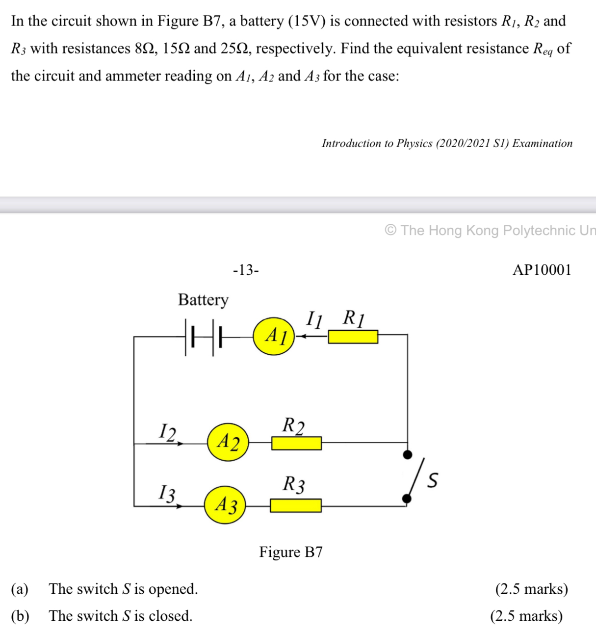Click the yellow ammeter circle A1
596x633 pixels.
[x=274, y=336]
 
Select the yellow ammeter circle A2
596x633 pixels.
[x=228, y=442]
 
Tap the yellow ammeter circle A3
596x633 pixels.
[x=225, y=504]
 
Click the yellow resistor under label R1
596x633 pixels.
[x=353, y=337]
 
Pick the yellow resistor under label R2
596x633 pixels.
[x=296, y=444]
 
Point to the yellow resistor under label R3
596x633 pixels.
[x=295, y=505]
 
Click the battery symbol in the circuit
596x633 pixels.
[x=203, y=337]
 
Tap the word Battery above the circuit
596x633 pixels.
[x=203, y=299]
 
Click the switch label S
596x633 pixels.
[x=432, y=480]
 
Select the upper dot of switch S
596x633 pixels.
[x=407, y=454]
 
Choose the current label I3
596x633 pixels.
[x=167, y=493]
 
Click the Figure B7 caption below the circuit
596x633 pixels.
[x=291, y=552]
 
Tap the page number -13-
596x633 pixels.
[x=246, y=270]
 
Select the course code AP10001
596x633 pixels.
[x=542, y=270]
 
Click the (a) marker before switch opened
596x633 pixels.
[x=20, y=589]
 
